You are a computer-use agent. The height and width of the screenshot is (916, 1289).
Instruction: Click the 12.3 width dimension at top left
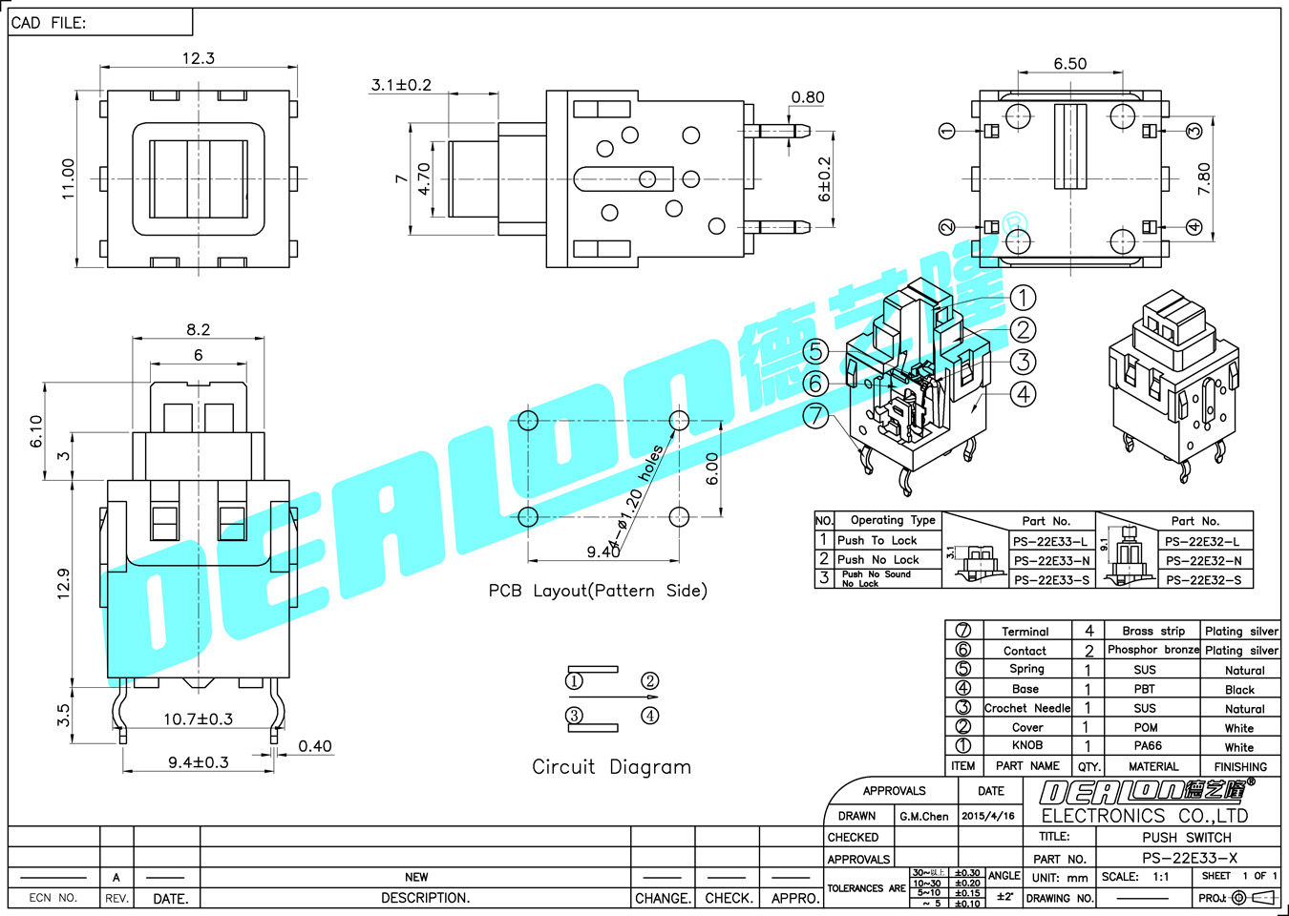pos(199,58)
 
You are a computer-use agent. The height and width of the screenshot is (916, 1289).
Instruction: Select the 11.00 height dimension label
pos(68,178)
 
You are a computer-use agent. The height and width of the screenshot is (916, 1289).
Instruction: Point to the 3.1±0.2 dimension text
pos(401,85)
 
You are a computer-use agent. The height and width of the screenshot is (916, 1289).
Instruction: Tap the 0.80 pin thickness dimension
pos(808,97)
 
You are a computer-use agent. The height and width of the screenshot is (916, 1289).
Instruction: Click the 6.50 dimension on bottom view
pos(1069,64)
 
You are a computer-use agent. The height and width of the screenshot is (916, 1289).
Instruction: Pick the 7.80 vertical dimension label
pos(1203,178)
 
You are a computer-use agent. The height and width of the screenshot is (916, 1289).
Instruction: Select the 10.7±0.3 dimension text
pos(198,718)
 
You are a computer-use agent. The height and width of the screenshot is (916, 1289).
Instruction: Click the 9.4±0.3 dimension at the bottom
pos(198,762)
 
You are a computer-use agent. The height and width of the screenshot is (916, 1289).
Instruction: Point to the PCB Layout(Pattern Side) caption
pos(598,591)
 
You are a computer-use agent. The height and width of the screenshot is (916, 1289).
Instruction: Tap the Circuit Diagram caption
pos(611,767)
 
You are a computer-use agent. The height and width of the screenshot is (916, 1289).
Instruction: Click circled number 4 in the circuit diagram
pos(650,716)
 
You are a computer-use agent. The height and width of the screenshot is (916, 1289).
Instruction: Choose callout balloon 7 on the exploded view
pos(815,416)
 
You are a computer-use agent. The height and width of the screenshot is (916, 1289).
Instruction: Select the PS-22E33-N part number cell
pos(1051,561)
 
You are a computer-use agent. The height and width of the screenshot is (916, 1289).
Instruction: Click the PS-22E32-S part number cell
pos(1203,580)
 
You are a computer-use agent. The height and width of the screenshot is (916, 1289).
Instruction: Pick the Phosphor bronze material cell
pos(1152,650)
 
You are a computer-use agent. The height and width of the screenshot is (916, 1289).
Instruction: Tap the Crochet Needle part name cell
pos(1027,708)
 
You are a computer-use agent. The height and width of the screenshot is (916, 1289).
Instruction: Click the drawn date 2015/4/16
pos(988,816)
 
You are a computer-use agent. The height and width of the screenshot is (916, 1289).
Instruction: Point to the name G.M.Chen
pos(923,816)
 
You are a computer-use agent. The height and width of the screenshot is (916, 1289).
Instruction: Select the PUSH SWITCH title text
pos(1187,837)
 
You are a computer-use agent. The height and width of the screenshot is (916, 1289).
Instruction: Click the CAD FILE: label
pos(49,23)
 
